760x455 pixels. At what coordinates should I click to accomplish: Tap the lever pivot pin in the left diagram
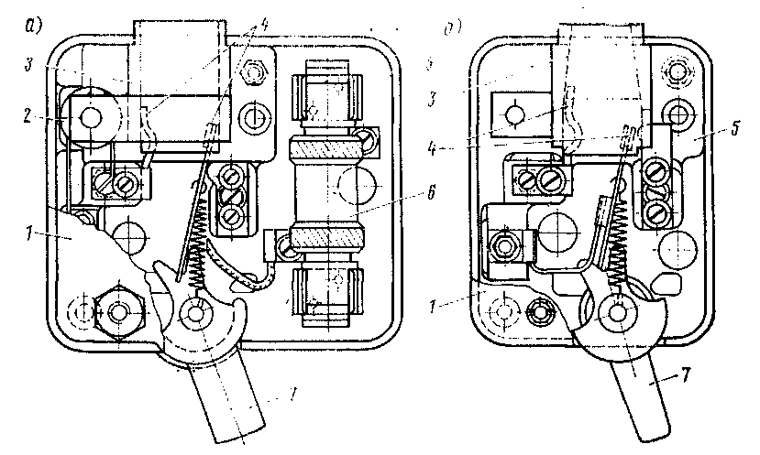(193, 312)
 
